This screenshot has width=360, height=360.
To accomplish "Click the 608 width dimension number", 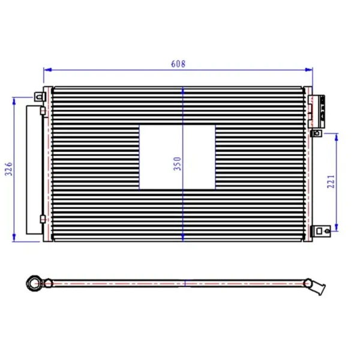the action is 178,64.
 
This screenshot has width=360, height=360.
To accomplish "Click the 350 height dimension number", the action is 178,163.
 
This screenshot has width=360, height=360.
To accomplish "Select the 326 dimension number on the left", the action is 9,169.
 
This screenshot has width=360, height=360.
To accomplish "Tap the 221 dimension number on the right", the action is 331,182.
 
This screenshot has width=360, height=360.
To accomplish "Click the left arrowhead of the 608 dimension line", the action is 47,70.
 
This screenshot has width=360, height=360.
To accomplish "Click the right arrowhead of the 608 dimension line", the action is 308,70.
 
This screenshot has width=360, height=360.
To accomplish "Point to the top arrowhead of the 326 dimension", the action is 14,101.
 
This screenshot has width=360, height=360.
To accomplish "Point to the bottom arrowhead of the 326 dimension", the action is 14,238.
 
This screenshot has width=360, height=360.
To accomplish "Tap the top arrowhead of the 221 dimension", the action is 337,137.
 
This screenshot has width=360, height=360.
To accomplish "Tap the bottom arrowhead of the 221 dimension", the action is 337,227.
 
